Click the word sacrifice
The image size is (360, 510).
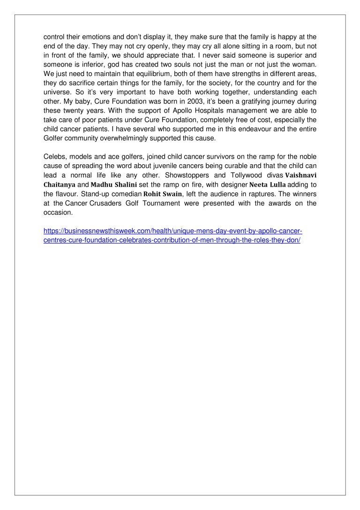click(x=83, y=83)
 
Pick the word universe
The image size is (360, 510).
click(x=58, y=92)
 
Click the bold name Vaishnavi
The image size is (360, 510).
click(x=301, y=175)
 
